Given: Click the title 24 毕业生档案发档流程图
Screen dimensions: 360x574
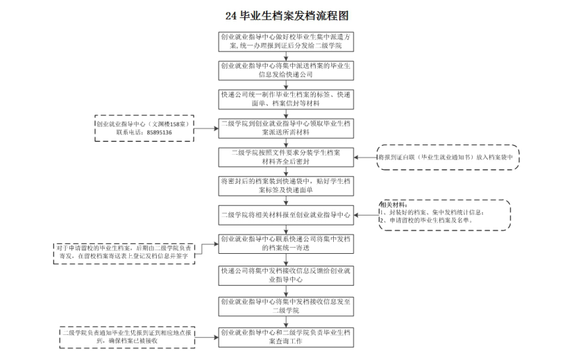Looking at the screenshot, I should (287, 15).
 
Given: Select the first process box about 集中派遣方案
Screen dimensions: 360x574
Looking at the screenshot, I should (287, 41).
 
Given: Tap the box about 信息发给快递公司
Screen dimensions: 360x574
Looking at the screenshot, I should (287, 69).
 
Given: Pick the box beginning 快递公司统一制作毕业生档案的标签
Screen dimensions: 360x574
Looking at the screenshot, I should (287, 98).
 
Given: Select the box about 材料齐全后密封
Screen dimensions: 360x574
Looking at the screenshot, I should (287, 157).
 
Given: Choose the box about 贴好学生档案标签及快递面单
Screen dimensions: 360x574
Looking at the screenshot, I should (287, 185).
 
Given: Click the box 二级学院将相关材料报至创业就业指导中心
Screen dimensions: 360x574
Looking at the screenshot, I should (287, 214).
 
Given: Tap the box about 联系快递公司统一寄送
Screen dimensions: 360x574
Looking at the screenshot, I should (287, 243).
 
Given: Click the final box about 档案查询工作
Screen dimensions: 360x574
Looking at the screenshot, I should (287, 336).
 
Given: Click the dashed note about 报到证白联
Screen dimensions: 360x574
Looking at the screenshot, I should (448, 157).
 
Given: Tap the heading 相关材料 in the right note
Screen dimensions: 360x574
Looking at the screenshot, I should (393, 205).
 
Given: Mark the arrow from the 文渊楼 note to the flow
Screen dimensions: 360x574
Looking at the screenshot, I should (205, 128).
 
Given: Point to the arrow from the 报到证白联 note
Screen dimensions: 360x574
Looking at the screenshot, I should (365, 157).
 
